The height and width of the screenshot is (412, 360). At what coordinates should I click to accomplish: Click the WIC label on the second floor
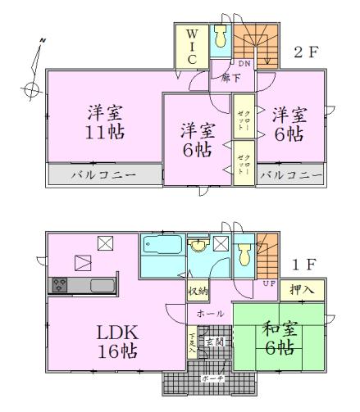coord(190,48)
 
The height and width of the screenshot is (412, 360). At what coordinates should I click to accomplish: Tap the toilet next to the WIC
coord(219,38)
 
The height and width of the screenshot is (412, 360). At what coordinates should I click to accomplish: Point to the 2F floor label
coord(306,52)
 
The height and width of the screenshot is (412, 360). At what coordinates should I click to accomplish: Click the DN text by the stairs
coord(244,63)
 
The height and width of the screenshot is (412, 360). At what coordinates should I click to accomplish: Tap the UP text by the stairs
coord(268,283)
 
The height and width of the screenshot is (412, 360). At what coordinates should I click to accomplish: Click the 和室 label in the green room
coord(279,328)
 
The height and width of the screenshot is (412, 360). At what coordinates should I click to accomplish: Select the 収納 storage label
coord(197,291)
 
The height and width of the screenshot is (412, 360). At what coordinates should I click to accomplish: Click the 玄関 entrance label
coord(213,340)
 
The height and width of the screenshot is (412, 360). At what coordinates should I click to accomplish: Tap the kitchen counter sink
coord(103,285)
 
